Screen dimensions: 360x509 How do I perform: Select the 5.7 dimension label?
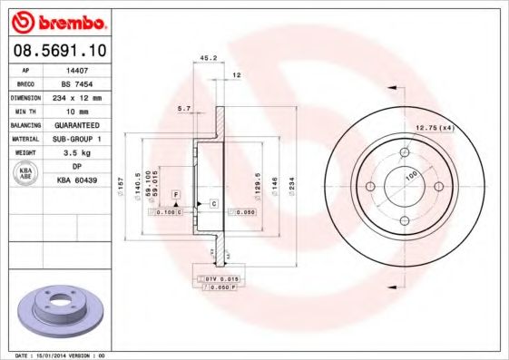[185, 108]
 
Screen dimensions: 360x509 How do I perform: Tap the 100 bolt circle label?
[410, 173]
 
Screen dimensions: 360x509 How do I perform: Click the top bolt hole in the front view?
[403, 152]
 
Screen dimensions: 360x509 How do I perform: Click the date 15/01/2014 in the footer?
[68, 355]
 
